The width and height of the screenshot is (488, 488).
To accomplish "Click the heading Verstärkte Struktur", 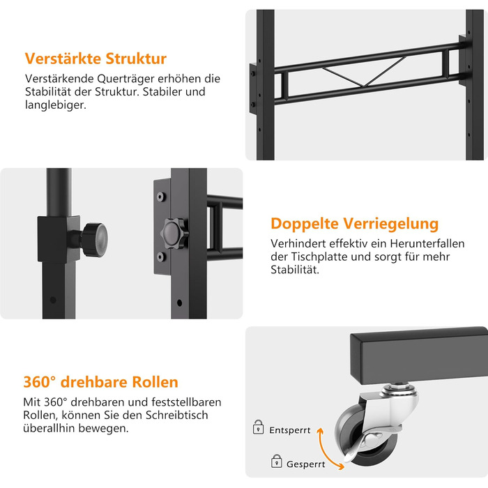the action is coord(96,59).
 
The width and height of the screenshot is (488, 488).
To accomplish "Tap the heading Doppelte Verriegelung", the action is coord(354,224).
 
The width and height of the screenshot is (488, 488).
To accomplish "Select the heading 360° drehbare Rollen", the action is coord(100,382).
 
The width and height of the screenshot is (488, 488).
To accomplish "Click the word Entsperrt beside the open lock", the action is coord(290,430).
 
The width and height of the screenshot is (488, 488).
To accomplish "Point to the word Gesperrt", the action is coord(305,464).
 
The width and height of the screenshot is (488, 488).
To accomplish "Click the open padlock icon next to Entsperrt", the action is coord(259,427).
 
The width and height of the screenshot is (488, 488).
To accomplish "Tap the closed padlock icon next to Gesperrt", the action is coord(276,461).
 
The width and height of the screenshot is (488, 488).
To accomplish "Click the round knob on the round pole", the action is coord(95,240).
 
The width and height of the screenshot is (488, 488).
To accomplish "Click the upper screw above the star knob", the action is coord(161,197).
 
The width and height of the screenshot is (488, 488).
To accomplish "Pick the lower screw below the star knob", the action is coord(161,257).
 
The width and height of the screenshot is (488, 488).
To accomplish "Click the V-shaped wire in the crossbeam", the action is coord(364,75).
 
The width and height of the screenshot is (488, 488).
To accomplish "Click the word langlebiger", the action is coord(55,105).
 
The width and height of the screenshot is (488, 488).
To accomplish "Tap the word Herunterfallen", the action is coord(427,243).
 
